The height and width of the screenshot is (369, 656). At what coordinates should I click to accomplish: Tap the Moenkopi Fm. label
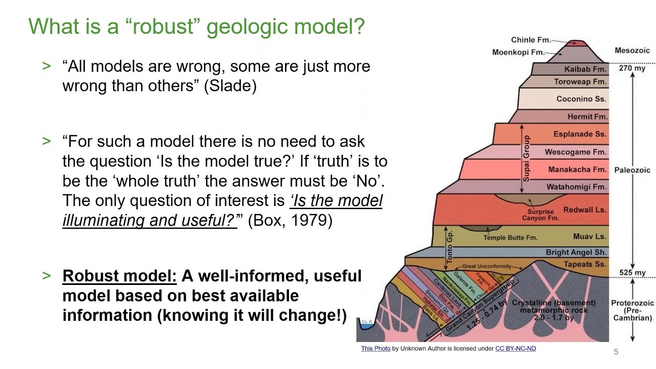(518, 52)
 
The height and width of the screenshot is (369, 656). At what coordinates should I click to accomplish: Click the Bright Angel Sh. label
(576, 252)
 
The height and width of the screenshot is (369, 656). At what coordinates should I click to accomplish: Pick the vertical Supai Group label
(526, 158)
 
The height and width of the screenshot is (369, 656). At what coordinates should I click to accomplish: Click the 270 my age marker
(632, 67)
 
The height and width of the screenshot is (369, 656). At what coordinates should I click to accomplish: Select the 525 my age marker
(632, 273)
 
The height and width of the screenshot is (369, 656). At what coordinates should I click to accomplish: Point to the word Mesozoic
(632, 50)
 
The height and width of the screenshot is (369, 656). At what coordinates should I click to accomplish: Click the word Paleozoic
(632, 170)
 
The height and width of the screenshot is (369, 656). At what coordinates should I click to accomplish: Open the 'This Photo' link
(376, 348)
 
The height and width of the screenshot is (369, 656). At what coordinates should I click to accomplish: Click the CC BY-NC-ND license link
(516, 348)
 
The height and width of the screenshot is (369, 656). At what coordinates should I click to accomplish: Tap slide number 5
(616, 352)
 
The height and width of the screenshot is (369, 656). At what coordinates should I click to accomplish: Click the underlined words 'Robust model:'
(119, 276)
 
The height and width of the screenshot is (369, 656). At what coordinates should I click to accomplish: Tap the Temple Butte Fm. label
(510, 237)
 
